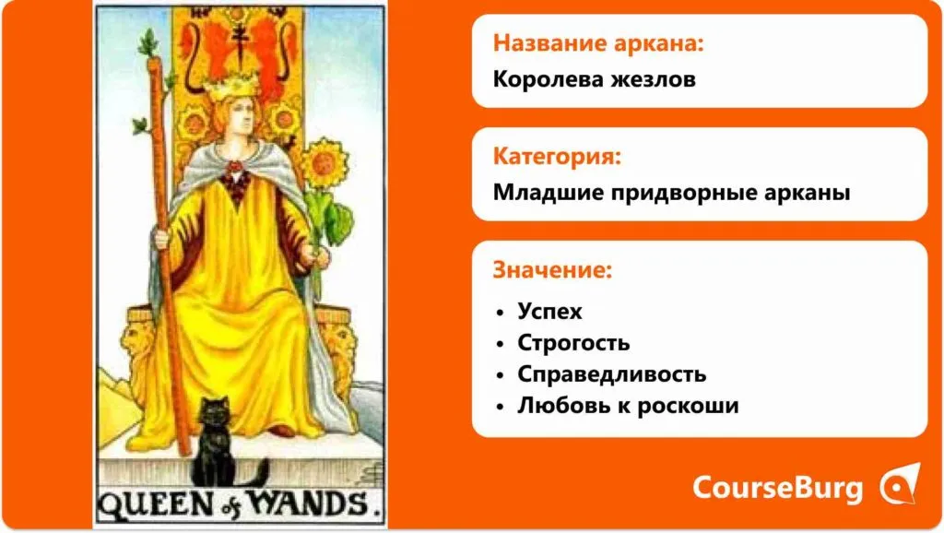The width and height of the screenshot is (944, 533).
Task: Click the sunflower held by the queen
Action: tap(324, 162)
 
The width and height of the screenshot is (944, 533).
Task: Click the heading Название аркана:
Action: tap(597, 43)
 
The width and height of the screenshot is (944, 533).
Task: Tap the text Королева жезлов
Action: tap(595, 79)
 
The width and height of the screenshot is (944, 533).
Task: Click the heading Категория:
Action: tap(557, 157)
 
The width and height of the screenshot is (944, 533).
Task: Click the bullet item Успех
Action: tap(549, 312)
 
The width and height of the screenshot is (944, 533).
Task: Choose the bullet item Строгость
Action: tap(573, 343)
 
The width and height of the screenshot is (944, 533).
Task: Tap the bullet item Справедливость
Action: tap(612, 374)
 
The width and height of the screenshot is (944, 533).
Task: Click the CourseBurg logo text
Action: tap(778, 487)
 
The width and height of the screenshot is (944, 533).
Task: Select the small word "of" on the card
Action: tap(230, 509)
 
